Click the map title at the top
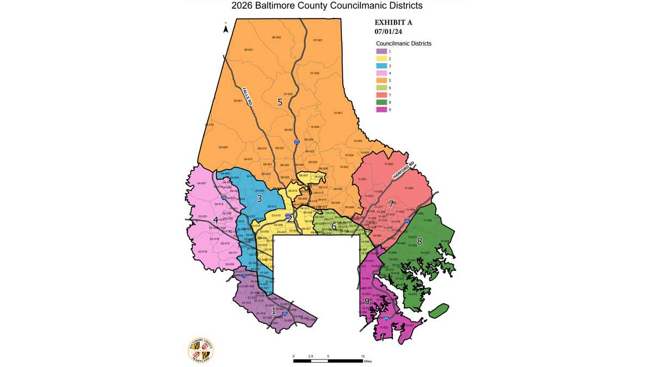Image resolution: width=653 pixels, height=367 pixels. point(326,6)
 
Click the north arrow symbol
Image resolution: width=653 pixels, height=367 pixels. point(226,29)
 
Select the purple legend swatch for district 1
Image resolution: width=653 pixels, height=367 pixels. point(381,51)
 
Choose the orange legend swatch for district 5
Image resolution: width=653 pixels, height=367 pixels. point(381,80)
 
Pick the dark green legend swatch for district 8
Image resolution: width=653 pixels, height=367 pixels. point(381,102)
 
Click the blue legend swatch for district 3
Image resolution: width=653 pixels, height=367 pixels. point(381,65)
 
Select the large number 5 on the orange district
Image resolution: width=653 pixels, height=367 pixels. point(280,102)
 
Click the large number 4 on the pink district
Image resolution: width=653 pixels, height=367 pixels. point(216,220)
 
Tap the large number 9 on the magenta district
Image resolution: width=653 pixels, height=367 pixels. point(367,301)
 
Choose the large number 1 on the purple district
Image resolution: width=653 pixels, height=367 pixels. point(266,310)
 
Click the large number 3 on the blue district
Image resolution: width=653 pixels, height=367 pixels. point(260,199)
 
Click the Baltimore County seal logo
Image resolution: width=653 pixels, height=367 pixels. point(201,350)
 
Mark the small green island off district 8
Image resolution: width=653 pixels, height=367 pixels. point(439,311)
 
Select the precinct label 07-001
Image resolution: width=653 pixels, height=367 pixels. point(318,41)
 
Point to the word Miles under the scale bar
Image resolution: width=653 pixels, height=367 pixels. point(368,360)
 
